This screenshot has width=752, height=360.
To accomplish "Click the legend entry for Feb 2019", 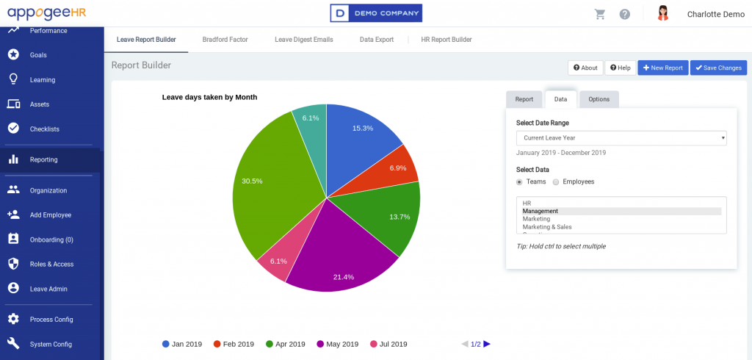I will tap(234, 344).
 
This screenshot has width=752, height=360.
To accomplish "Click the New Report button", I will tap(662, 68).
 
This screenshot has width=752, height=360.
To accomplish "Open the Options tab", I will tap(599, 99).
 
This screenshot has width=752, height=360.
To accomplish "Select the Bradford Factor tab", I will tap(225, 40).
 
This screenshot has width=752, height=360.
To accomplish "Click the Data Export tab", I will tap(377, 40).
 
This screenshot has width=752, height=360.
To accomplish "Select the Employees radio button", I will tap(556, 181).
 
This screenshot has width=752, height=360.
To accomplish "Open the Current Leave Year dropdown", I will tap(621, 137).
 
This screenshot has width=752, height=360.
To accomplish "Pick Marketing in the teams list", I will tap(536, 219).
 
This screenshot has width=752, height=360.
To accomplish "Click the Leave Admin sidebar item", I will tap(48, 289).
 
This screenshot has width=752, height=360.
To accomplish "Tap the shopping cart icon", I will tap(600, 14).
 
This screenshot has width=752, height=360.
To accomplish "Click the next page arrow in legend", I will tap(487, 344).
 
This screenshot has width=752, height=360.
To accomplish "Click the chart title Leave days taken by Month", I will tap(209, 97).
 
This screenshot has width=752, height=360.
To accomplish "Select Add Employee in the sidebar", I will tap(50, 215).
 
